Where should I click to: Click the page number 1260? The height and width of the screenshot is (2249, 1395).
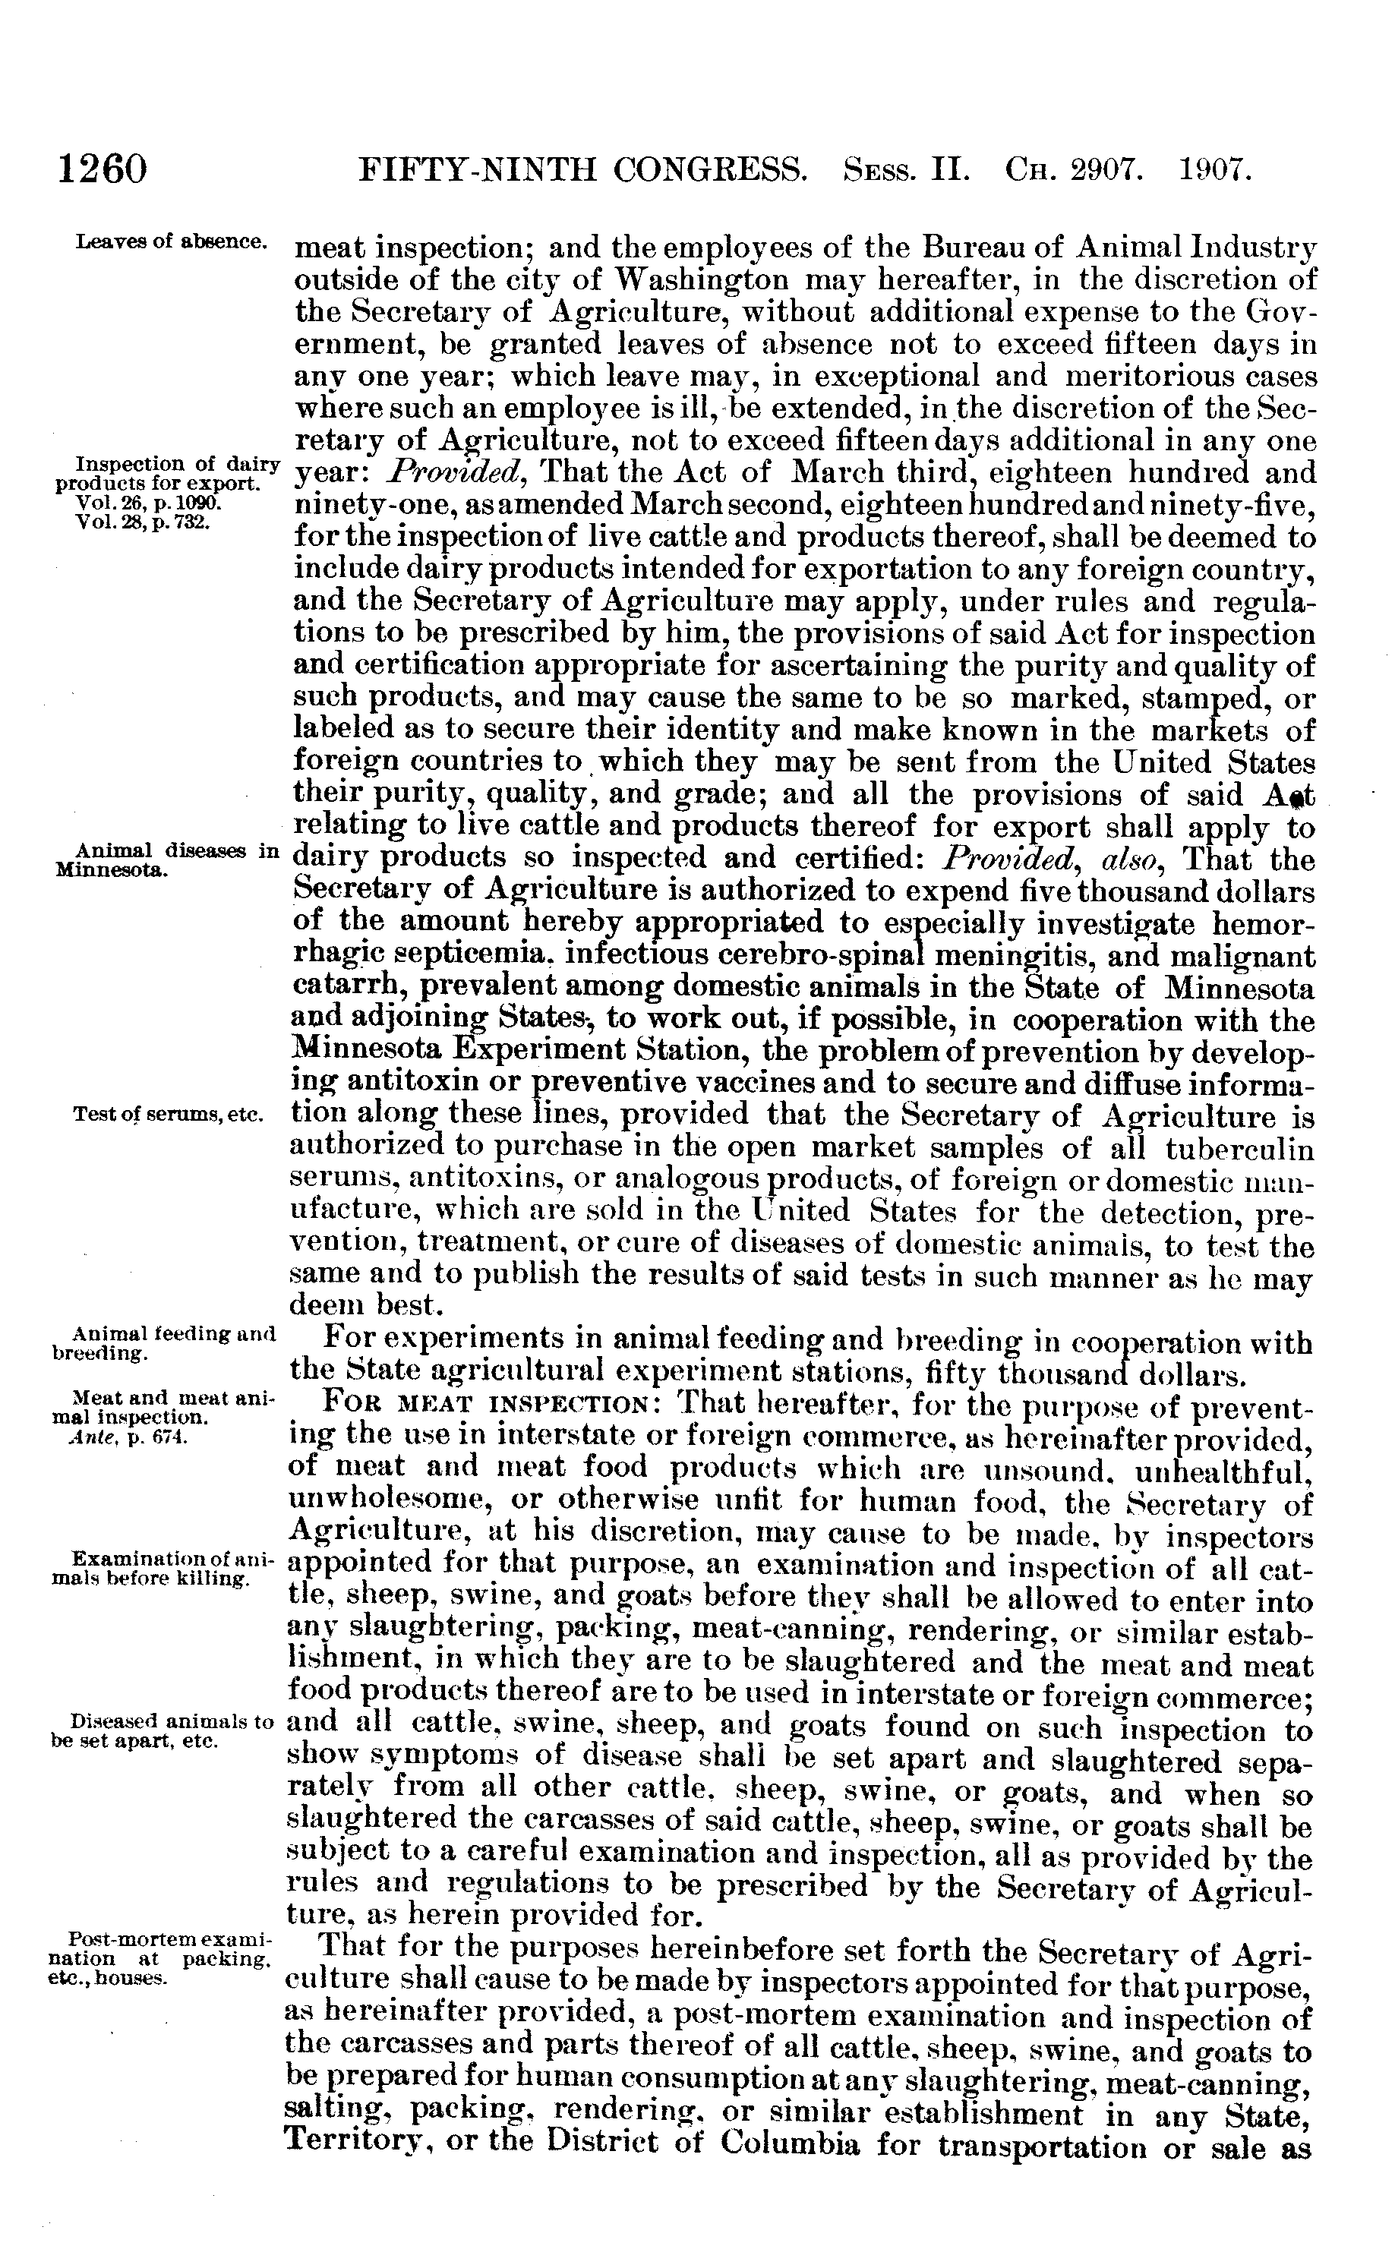103,171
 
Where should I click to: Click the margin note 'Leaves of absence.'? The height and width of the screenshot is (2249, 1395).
172,241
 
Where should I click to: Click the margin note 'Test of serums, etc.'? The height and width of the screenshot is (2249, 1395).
168,1115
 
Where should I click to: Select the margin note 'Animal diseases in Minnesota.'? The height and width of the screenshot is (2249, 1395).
166,859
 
